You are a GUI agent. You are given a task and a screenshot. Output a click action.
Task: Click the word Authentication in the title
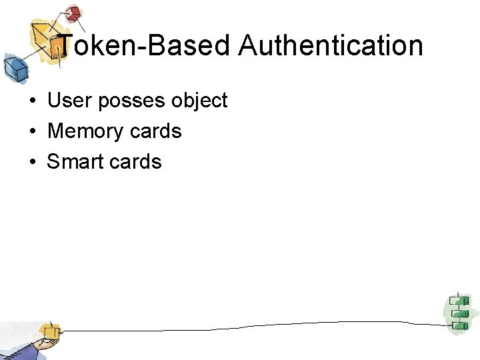[x=330, y=46]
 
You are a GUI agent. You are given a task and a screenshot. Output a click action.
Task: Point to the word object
[x=199, y=101]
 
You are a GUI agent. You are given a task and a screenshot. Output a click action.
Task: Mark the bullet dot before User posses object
[x=32, y=101]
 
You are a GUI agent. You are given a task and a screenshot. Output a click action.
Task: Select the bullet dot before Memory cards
[x=32, y=131]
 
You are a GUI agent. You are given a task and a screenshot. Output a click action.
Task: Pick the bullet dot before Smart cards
[x=32, y=162]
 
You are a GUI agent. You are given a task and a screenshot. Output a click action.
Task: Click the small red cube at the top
[x=73, y=13]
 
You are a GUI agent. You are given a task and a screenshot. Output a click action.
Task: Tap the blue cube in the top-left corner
[x=13, y=67]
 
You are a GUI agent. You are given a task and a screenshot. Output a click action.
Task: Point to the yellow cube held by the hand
[x=49, y=331]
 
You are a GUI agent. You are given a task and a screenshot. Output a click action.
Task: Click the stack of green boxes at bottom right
[x=457, y=312]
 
